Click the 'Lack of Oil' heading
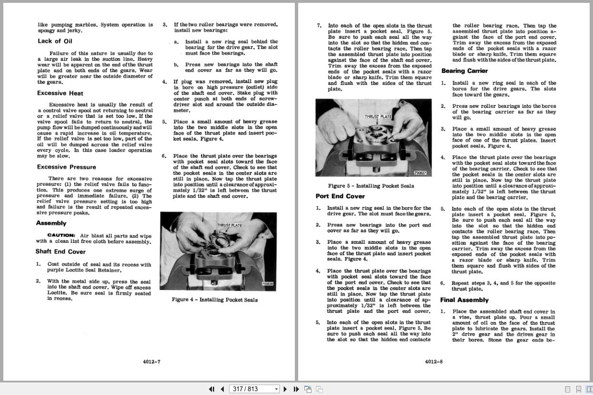coord(55,41)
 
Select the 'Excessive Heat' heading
coord(60,93)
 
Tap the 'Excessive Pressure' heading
coord(66,167)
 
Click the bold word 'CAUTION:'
coord(61,235)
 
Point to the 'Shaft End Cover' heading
coord(60,251)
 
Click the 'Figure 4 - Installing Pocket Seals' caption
coord(214,300)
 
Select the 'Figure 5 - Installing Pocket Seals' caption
coord(371,186)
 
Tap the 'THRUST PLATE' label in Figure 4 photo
coord(229,225)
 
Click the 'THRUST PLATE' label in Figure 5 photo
coord(378,116)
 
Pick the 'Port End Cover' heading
coord(340,196)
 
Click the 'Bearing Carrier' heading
coord(464,71)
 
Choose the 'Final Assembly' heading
coord(464,300)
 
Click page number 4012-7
coord(151,362)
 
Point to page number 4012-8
coord(433,362)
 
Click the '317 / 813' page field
coord(252,389)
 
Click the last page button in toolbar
coord(295,389)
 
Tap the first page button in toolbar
coord(212,389)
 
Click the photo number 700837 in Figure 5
coord(420,173)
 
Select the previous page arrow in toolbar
coord(222,389)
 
